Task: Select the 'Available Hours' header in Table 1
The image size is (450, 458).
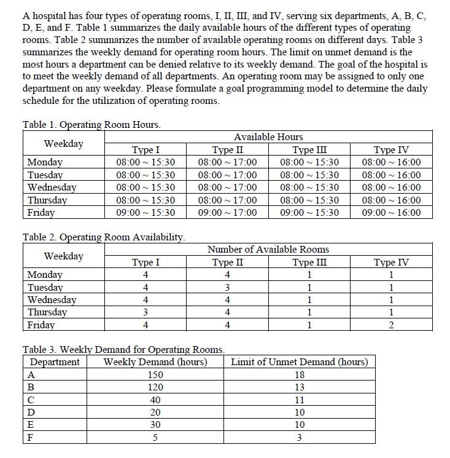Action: coord(268,136)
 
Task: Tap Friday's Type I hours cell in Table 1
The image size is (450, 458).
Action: coord(145,213)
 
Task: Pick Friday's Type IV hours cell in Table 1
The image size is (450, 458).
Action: coord(391,213)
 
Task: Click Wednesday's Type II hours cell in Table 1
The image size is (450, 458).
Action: coord(227,188)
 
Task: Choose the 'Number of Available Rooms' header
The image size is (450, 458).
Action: coord(268,249)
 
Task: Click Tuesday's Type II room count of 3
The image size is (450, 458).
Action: coord(227,288)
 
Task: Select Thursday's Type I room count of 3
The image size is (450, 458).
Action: coord(145,312)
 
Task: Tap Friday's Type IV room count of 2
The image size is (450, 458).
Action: coord(391,325)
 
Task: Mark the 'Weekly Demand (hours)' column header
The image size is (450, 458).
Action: coord(155,362)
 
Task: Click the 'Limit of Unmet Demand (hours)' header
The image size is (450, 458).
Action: coord(300,362)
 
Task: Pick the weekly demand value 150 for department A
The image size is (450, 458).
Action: coord(155,375)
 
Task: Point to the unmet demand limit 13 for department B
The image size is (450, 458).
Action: coord(300,387)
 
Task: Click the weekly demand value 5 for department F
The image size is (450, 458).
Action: coord(155,438)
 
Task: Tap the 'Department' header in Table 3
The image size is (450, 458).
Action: coord(55,362)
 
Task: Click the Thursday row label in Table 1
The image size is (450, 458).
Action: coord(47,200)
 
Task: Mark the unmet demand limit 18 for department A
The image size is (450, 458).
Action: coord(300,375)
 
